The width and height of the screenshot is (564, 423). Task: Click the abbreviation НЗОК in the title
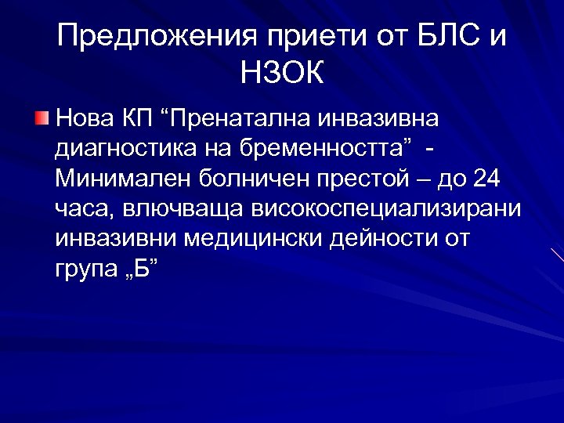tap(282, 76)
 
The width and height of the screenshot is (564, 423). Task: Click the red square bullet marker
tap(42, 118)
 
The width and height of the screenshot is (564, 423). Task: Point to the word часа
tap(84, 208)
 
